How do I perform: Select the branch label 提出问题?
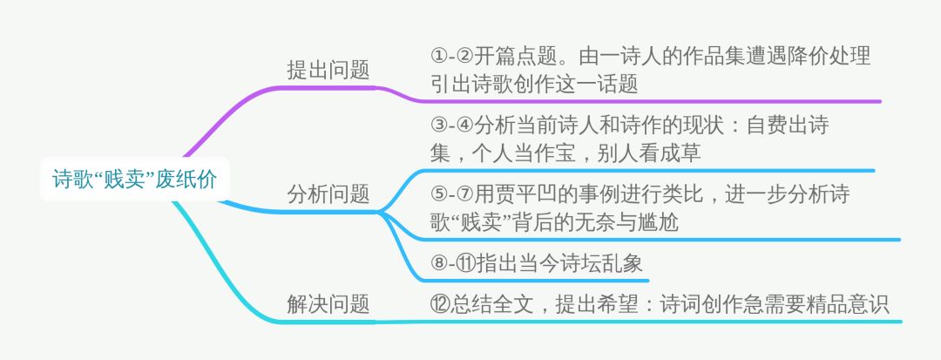pyautogui.click(x=328, y=71)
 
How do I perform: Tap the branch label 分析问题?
pyautogui.click(x=328, y=194)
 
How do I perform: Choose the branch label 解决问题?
pyautogui.click(x=328, y=303)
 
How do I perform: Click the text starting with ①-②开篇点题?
pyautogui.click(x=650, y=56)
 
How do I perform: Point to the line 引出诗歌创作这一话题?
pyautogui.click(x=546, y=84)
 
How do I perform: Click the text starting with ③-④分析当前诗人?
pyautogui.click(x=629, y=125)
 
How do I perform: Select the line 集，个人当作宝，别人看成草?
pyautogui.click(x=565, y=153)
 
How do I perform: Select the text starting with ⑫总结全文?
pyautogui.click(x=659, y=304)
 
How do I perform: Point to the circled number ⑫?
pyautogui.click(x=439, y=304)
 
